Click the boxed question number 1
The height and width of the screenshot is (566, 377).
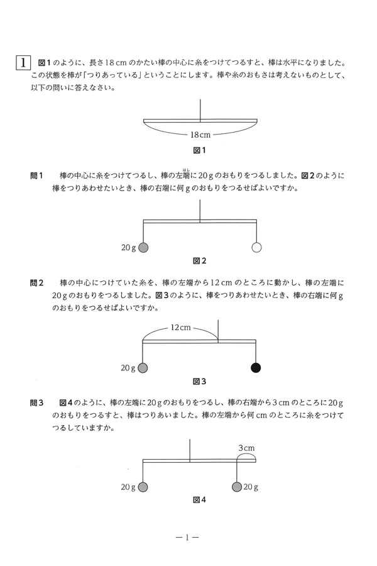tap(23, 63)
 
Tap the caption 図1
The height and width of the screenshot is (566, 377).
tap(200, 150)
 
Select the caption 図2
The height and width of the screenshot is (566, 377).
tap(200, 260)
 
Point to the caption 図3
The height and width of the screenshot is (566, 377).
tap(200, 381)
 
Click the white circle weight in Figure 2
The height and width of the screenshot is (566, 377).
tap(256, 248)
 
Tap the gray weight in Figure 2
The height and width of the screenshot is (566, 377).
tap(143, 248)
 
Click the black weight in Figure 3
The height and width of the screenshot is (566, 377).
tap(256, 368)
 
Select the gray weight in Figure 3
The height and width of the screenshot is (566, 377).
tap(143, 368)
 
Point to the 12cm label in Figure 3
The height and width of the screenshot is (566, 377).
tap(180, 328)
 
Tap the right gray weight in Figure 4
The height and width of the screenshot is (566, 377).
tap(236, 487)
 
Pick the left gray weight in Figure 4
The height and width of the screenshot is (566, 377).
tap(143, 487)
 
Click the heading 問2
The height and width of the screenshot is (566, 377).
tap(36, 283)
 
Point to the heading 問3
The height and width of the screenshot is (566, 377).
tap(36, 403)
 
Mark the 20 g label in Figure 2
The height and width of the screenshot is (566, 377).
tap(128, 248)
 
